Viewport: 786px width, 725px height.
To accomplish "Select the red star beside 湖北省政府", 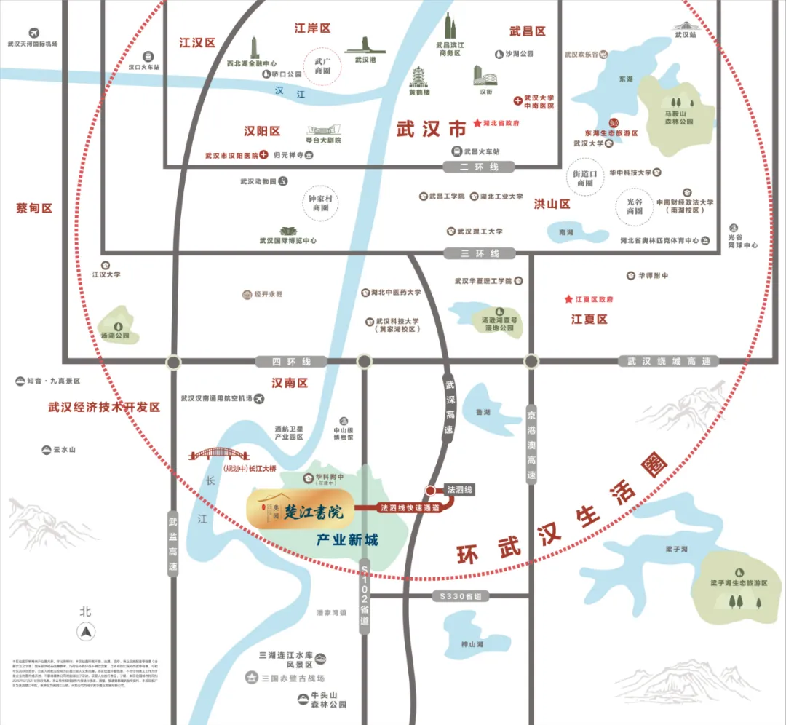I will click(x=477, y=124).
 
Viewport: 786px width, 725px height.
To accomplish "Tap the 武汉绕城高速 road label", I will click(x=668, y=361).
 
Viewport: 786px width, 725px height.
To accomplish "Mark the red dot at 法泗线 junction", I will click(x=430, y=490).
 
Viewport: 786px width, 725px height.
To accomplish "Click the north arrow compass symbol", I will click(x=86, y=630).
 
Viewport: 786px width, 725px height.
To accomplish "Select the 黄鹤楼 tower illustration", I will click(x=419, y=79).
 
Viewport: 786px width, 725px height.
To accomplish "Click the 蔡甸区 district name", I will click(x=35, y=208).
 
